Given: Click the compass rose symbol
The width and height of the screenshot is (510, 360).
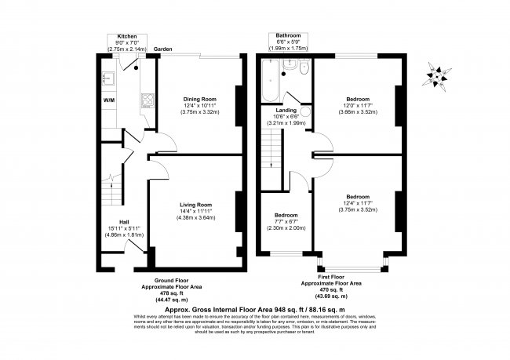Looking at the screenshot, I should point(436,75).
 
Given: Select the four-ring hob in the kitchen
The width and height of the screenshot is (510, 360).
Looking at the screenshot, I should point(145,100).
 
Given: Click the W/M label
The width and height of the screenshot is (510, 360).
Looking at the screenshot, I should point(108,100).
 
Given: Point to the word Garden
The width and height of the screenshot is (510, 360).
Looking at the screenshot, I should point(162,49).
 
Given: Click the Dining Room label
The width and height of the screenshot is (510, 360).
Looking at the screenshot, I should point(199,99).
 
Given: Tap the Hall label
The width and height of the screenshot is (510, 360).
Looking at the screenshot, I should point(124,222).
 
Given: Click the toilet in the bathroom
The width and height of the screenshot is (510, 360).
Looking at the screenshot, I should point(290,71).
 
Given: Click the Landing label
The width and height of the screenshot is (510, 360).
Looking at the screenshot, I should point(286,111).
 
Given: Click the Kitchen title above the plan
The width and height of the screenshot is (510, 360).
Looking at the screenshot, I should point(128,36).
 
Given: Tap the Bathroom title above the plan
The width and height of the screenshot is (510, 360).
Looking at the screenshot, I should point(286,36).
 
